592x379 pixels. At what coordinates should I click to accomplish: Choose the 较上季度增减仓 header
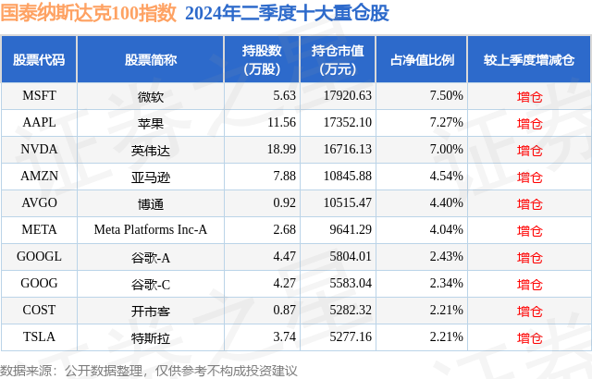tap(528, 59)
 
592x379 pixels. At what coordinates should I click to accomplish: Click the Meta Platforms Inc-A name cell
tap(150, 230)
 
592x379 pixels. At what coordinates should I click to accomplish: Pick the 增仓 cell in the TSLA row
tap(529, 338)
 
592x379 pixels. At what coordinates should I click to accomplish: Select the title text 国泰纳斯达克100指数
tap(88, 13)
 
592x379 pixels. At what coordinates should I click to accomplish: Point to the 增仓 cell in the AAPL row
tap(529, 122)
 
